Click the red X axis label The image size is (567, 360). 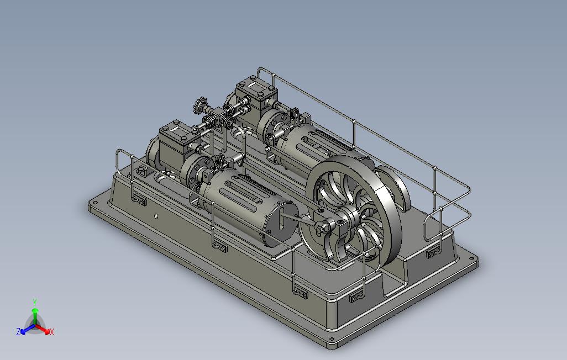52,332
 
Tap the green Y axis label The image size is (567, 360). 35,302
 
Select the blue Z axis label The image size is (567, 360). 18,331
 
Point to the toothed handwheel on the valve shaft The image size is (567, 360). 200,104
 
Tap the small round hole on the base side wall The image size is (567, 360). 156,216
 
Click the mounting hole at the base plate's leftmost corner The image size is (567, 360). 95,203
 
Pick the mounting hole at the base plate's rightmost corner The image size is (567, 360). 471,258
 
